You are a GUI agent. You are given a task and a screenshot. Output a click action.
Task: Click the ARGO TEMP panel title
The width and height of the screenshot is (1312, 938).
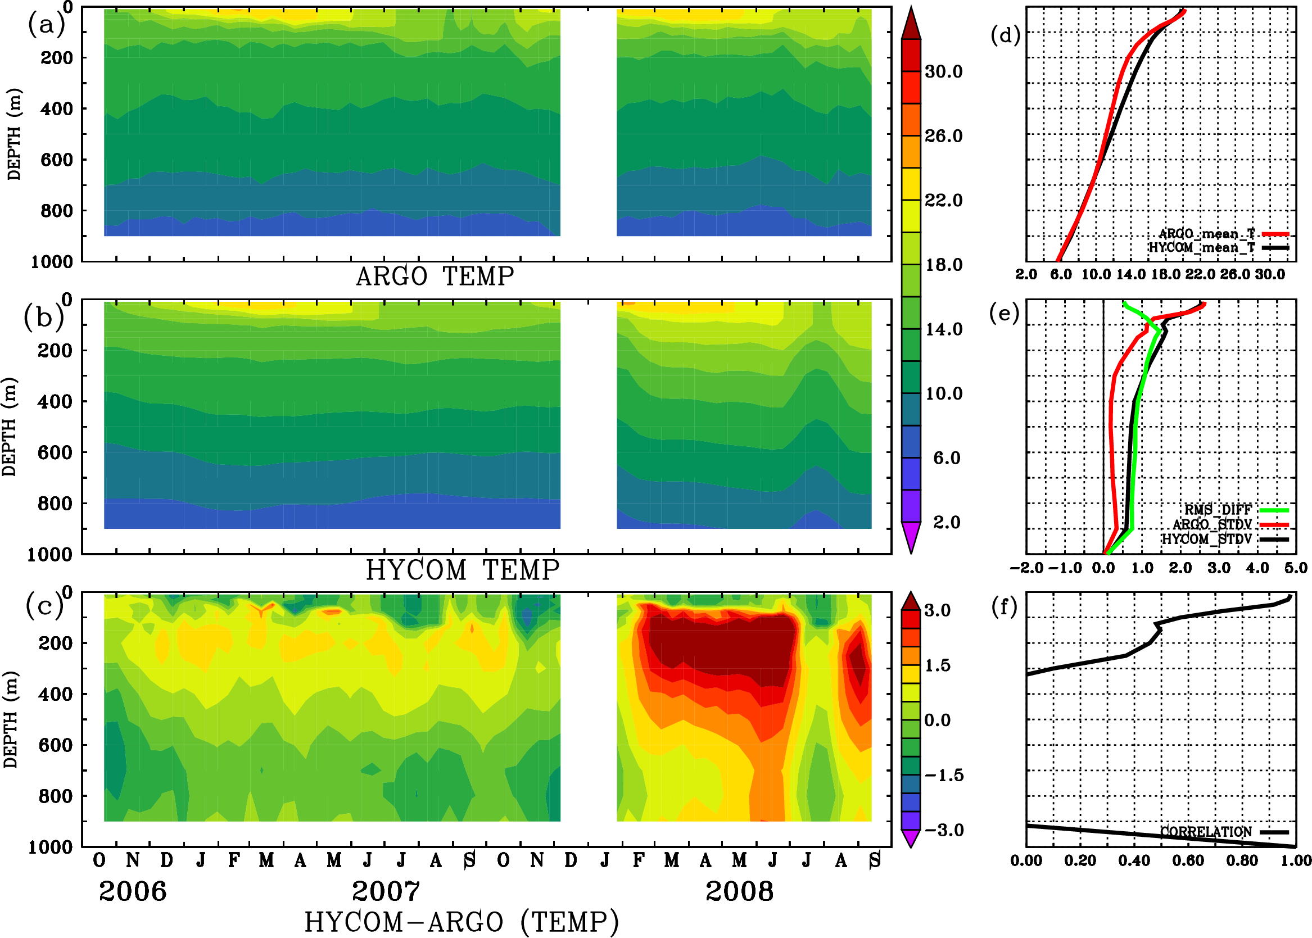pyautogui.click(x=435, y=277)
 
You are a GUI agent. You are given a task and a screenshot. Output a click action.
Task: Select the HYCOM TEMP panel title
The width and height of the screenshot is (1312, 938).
pyautogui.click(x=462, y=570)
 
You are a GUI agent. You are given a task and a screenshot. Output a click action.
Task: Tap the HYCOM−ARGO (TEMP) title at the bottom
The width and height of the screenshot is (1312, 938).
pyautogui.click(x=461, y=922)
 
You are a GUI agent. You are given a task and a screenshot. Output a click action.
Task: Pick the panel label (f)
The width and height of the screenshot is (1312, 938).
pyautogui.click(x=1005, y=606)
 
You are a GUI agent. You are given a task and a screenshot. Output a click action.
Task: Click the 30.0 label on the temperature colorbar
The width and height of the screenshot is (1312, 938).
pyautogui.click(x=943, y=71)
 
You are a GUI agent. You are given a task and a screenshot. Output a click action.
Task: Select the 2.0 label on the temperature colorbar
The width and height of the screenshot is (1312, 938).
pyautogui.click(x=946, y=522)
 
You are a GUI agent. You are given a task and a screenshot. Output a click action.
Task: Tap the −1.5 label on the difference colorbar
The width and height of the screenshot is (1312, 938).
pyautogui.click(x=944, y=775)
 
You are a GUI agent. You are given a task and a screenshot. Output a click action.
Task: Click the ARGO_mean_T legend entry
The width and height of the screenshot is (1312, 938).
pyautogui.click(x=1207, y=234)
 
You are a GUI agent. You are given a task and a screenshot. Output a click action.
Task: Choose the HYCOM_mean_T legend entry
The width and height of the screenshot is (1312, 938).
pyautogui.click(x=1202, y=248)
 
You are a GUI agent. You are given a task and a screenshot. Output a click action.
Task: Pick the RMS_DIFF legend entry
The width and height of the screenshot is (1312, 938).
pyautogui.click(x=1218, y=510)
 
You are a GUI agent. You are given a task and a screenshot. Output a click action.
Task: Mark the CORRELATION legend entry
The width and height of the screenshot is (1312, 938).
pyautogui.click(x=1206, y=832)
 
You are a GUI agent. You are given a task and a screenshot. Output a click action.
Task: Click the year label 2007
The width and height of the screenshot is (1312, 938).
pyautogui.click(x=386, y=891)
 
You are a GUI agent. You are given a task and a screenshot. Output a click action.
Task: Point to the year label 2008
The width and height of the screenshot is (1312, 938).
pyautogui.click(x=739, y=891)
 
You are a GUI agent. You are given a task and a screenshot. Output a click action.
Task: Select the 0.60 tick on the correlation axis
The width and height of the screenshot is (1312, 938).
pyautogui.click(x=1188, y=861)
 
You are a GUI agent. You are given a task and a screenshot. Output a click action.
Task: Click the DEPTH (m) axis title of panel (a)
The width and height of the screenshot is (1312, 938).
pyautogui.click(x=15, y=134)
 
